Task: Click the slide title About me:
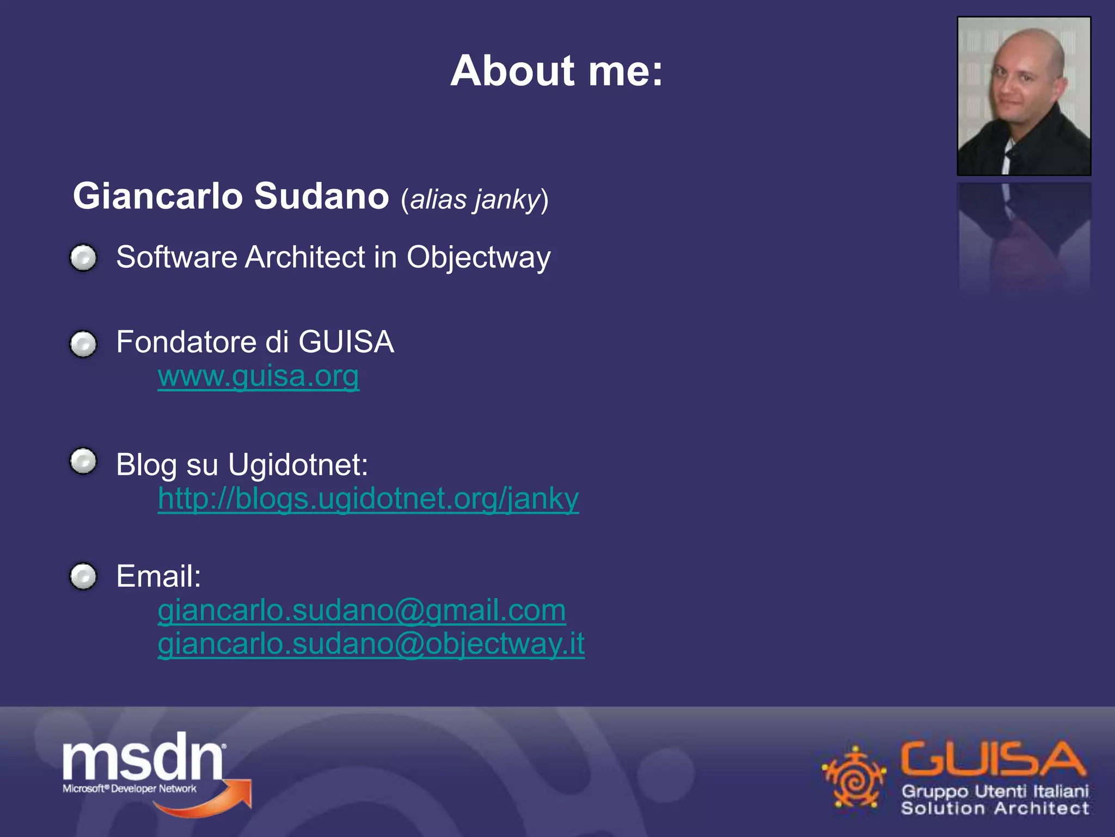tap(556, 71)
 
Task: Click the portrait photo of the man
tap(1024, 96)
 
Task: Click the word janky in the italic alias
tap(506, 199)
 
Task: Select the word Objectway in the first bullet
tap(478, 257)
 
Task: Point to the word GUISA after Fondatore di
tap(346, 342)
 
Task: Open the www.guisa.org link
tap(258, 376)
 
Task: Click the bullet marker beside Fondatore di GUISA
tap(83, 344)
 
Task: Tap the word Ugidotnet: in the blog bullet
tap(298, 465)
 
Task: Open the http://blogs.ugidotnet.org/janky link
tap(368, 499)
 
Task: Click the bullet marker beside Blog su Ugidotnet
tap(83, 462)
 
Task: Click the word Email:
tap(158, 577)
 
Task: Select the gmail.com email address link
tap(362, 610)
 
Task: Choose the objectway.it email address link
tap(371, 644)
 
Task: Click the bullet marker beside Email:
tap(83, 576)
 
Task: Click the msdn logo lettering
tap(143, 757)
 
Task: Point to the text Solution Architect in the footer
tap(995, 808)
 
